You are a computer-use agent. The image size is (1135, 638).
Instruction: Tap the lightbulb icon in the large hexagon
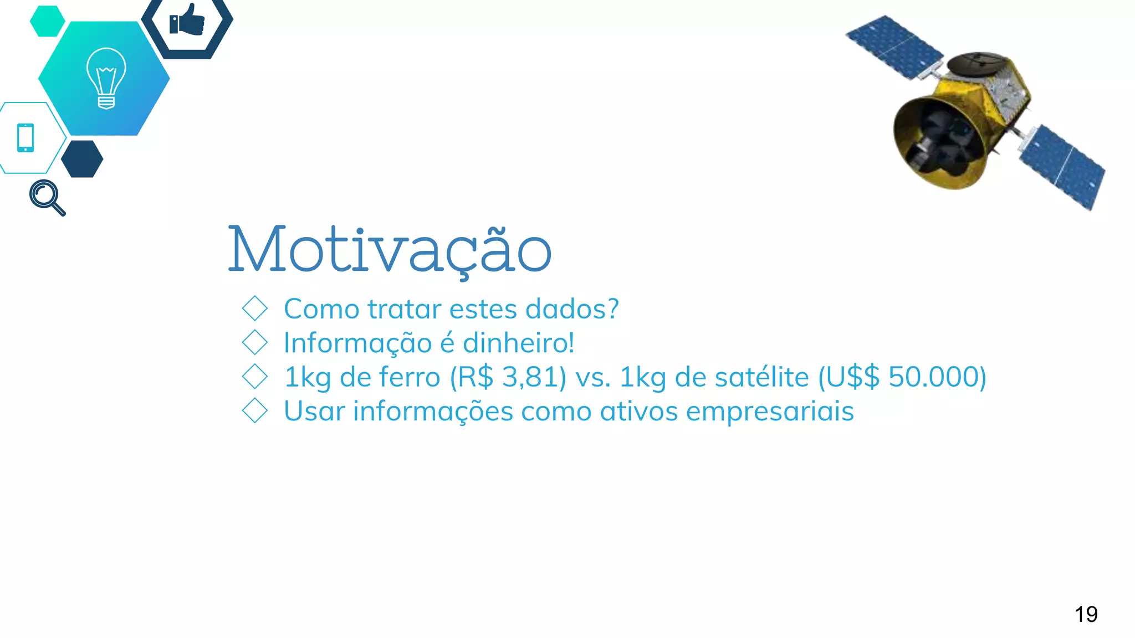tap(106, 78)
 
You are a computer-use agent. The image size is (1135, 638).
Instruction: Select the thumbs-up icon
tap(187, 21)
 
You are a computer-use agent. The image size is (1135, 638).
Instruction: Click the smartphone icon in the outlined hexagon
tap(25, 137)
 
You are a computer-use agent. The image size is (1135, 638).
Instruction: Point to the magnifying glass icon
tap(47, 197)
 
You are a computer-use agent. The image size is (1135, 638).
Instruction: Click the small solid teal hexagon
tap(47, 21)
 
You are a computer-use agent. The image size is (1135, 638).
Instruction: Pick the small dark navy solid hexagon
tap(82, 159)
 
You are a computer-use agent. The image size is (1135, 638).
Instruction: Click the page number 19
tap(1086, 614)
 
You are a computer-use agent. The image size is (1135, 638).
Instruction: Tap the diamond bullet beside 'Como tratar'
tap(255, 308)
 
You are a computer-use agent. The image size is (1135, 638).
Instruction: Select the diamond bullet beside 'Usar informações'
tap(255, 411)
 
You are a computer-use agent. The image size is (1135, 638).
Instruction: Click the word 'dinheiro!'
tap(518, 343)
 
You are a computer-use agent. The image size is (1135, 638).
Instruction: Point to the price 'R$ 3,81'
tap(508, 377)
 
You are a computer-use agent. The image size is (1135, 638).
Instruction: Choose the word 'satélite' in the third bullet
tap(761, 377)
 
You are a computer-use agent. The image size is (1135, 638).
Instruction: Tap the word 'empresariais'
tap(770, 412)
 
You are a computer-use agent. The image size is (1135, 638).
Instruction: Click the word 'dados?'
tap(571, 309)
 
